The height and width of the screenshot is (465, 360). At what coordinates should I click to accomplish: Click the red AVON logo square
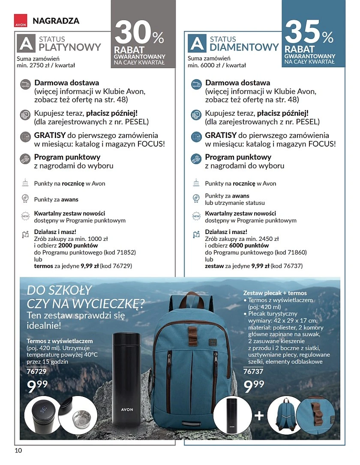pos(20,21)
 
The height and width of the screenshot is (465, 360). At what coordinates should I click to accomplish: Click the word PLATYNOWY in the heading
pos(70,47)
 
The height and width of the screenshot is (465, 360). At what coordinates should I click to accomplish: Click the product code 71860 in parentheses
pos(297,253)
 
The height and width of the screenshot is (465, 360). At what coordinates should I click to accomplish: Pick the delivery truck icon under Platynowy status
pos(25,83)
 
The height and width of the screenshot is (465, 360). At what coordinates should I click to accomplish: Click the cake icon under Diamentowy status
pos(196,183)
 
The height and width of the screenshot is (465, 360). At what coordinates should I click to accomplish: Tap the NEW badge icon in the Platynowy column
pos(25,216)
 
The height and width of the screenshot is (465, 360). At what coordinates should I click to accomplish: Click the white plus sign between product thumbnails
pos(259,416)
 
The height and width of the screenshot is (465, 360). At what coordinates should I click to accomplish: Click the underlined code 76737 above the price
pos(253,371)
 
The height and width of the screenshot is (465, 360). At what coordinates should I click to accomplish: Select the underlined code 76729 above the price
pos(36,371)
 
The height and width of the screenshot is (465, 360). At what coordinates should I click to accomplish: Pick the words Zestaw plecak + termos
pos(275,293)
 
